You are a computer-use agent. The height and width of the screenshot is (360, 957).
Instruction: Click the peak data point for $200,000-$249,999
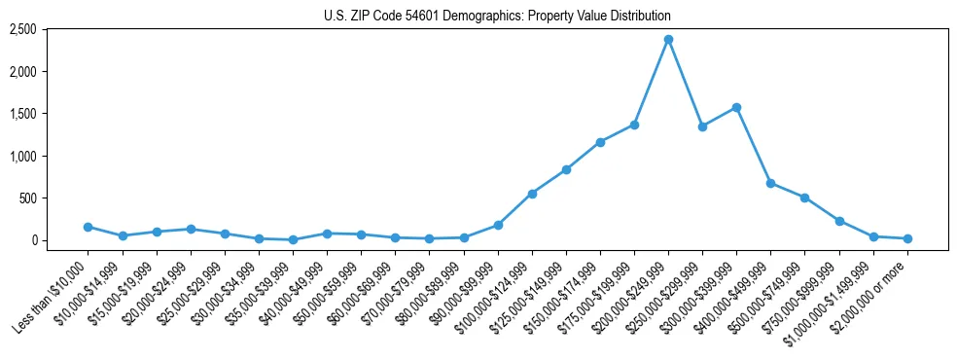[668, 40]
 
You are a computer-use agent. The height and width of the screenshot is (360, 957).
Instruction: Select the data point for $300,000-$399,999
[736, 108]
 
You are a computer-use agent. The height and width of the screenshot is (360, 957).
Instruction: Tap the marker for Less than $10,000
[89, 227]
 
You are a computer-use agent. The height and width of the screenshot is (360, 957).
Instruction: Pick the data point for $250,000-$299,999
[702, 126]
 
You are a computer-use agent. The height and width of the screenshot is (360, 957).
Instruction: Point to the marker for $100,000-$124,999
[532, 194]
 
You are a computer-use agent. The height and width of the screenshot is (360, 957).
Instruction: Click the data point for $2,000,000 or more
[907, 238]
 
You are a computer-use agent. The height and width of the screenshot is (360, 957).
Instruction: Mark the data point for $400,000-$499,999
[770, 183]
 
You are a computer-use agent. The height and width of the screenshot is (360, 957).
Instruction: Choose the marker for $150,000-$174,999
[600, 142]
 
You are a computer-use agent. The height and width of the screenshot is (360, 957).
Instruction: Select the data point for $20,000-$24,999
[191, 230]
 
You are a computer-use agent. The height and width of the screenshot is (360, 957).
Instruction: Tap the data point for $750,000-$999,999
[839, 221]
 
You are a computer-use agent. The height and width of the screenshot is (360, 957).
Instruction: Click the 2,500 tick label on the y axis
[22, 30]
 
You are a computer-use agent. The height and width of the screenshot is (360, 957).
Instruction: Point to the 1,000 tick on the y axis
[22, 156]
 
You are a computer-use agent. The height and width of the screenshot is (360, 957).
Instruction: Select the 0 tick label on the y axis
[33, 240]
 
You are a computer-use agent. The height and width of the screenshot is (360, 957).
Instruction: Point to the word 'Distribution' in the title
[638, 16]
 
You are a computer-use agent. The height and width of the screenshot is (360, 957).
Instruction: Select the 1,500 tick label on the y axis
[22, 114]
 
